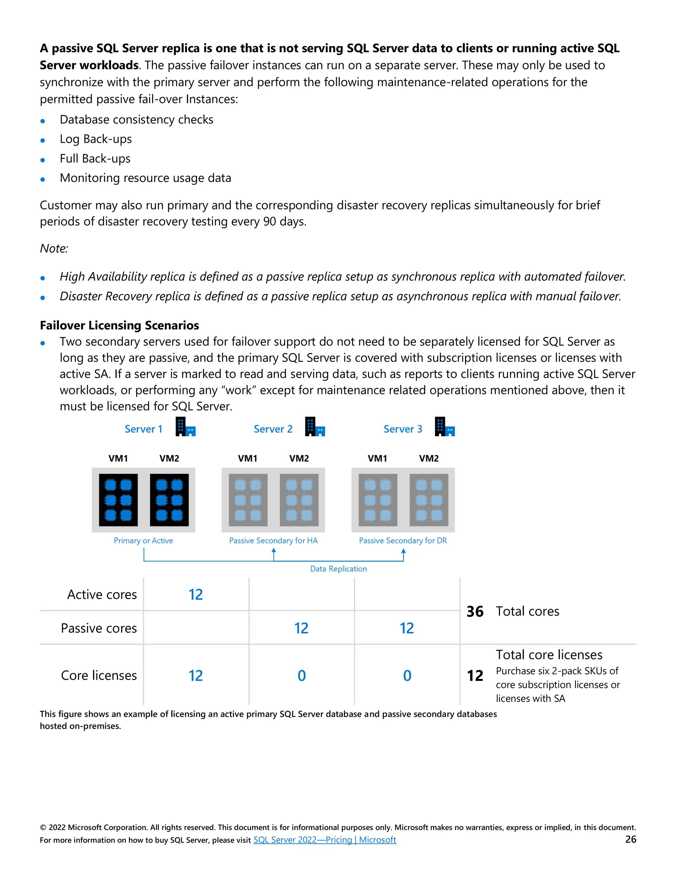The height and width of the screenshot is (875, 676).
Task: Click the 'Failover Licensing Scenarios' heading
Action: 119,325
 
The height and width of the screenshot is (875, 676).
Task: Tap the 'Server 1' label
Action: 143,429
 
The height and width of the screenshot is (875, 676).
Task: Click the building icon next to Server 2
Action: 315,427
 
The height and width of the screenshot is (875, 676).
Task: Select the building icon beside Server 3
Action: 445,427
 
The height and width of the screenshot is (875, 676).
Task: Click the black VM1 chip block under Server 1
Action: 118,500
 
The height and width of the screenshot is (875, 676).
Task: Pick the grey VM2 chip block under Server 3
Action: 428,500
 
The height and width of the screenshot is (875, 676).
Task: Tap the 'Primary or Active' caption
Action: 143,541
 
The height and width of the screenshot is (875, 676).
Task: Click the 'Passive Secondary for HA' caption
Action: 273,541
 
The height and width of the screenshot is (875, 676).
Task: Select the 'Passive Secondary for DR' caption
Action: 403,541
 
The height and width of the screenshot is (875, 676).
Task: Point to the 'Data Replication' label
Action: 338,569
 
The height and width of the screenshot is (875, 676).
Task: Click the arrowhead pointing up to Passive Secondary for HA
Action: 274,551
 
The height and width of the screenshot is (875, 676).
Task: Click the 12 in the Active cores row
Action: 196,595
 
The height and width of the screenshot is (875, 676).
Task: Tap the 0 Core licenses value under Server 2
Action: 302,676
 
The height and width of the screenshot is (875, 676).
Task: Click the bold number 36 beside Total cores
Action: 475,612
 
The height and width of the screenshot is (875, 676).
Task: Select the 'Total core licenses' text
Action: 549,655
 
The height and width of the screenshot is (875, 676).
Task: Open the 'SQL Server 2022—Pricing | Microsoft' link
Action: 324,840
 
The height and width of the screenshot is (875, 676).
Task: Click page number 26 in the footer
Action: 630,839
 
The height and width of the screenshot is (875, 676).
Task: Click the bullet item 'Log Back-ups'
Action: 96,139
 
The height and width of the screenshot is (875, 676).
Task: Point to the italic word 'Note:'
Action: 54,248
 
